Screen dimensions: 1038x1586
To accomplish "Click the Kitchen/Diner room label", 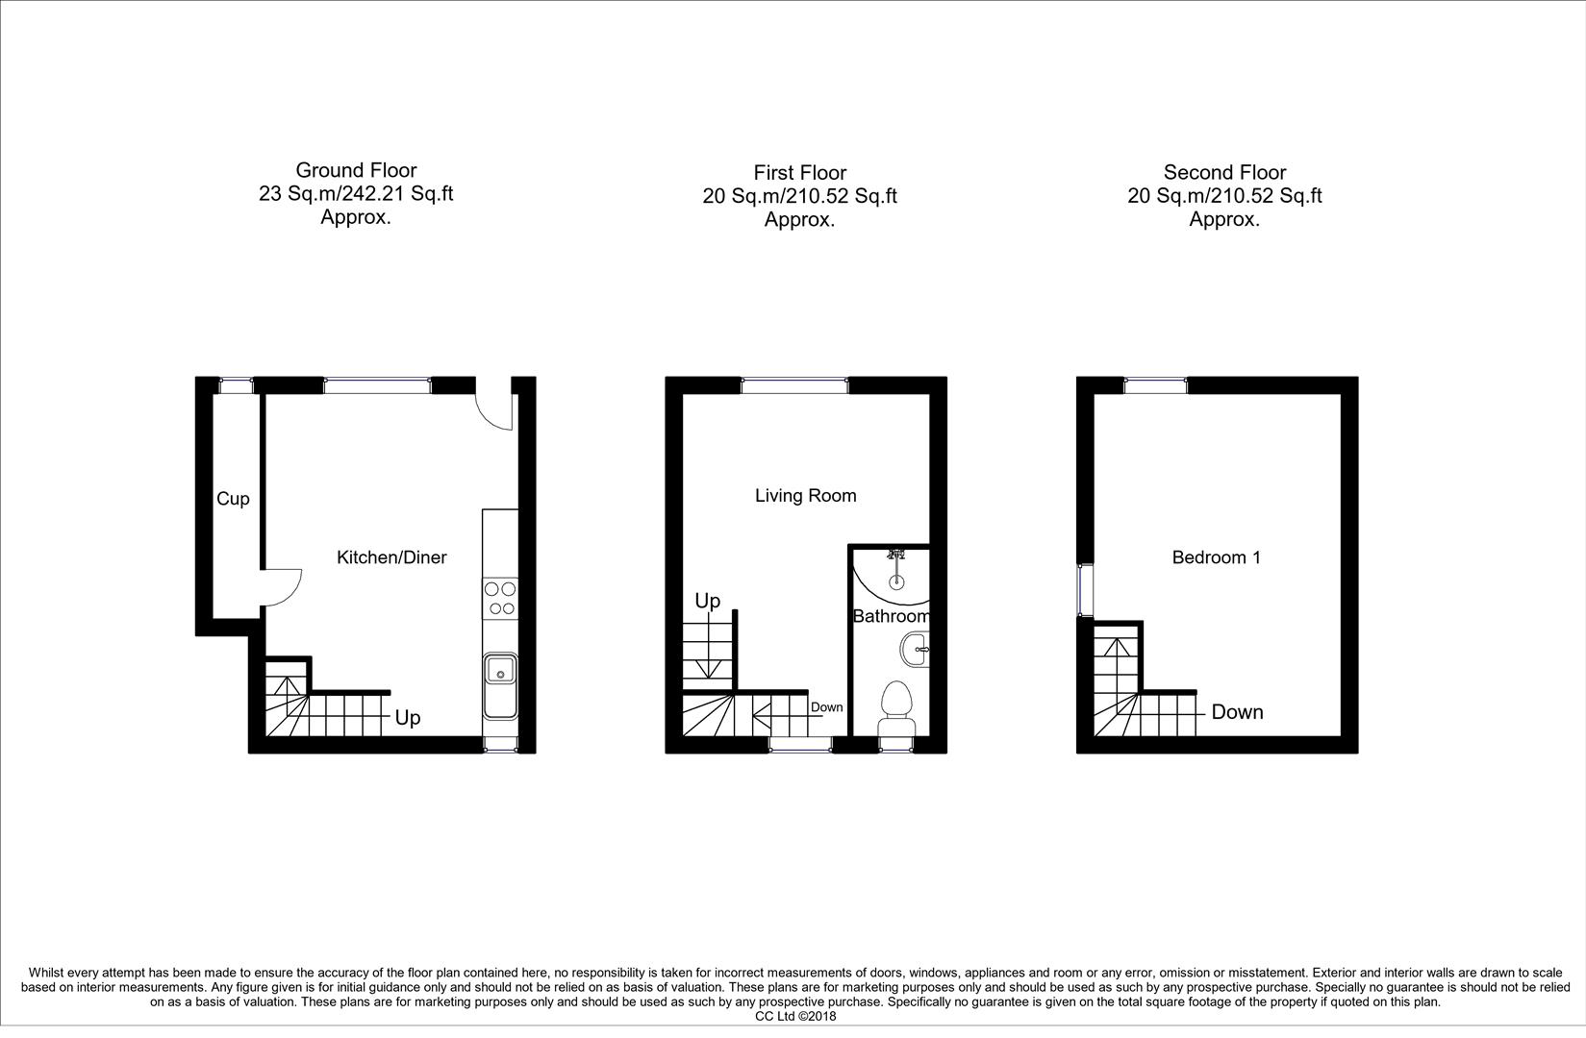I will [x=391, y=557].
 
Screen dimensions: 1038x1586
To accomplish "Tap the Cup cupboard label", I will [x=233, y=499].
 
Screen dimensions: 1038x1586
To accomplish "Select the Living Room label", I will [x=805, y=496].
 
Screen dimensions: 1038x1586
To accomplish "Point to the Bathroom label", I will [x=891, y=616].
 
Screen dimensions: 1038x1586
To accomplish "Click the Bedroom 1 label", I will [x=1216, y=557].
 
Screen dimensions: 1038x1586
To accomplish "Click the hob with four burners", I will [x=500, y=598].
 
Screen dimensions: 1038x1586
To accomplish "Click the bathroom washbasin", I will [x=917, y=650].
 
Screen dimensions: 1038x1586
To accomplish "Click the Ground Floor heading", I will [x=356, y=171].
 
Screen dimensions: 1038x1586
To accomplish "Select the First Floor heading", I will [x=799, y=173].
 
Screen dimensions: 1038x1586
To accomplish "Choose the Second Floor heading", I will [x=1224, y=173].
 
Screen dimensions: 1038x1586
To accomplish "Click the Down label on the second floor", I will [x=1237, y=712].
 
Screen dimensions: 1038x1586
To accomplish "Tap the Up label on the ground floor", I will [x=408, y=718].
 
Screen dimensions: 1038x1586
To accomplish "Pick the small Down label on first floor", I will [x=826, y=707].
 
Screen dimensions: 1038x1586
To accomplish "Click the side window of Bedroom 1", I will [x=1084, y=590].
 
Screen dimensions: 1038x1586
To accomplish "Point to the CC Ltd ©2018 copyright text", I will [x=795, y=1016].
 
